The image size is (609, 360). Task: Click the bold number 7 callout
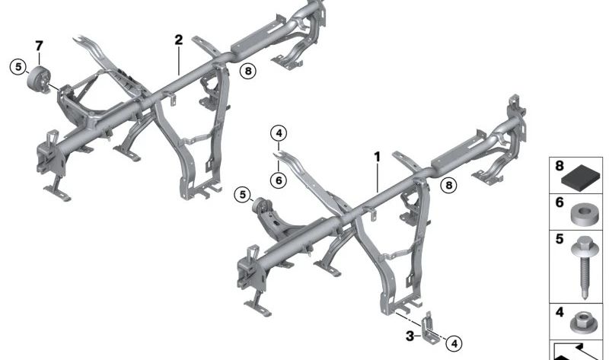39,46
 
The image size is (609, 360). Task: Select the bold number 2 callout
178,40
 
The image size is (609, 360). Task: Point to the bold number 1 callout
377,157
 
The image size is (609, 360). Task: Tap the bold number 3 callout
410,336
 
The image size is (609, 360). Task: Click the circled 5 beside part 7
18,67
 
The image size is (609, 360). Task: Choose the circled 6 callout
279,180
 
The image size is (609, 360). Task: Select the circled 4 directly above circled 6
279,134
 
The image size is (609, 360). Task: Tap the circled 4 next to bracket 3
454,343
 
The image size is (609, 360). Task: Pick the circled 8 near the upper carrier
248,71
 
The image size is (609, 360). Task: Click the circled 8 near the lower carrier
448,185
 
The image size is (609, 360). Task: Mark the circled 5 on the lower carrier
243,195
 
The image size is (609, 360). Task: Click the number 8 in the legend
560,166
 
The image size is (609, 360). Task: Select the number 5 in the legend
560,238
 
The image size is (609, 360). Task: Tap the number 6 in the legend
560,202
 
